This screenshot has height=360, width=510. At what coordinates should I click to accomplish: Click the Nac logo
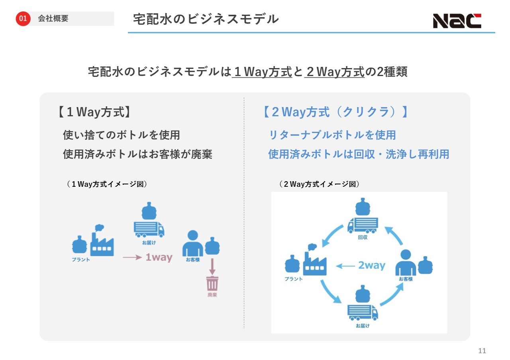[x=457, y=21]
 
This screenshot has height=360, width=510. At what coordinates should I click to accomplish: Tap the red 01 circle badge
[x=23, y=19]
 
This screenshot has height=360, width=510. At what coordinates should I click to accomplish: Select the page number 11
[x=482, y=351]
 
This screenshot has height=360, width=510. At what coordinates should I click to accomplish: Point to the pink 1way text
[x=159, y=257]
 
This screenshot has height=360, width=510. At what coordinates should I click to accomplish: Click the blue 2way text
[x=372, y=266]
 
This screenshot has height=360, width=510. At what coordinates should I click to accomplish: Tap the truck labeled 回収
[x=363, y=225]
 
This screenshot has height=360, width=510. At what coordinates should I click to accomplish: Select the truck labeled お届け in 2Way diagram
[x=363, y=312]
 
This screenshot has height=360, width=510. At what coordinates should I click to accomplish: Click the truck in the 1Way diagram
[x=149, y=228]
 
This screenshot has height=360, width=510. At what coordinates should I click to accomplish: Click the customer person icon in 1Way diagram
[x=192, y=243]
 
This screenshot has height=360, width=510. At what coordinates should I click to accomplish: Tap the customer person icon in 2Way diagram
[x=406, y=262]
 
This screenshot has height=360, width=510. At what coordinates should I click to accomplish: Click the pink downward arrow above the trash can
[x=212, y=266]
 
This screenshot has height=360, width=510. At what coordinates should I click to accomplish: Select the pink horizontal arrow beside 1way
[x=132, y=257]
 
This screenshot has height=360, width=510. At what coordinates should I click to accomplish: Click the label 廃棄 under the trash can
[x=212, y=295]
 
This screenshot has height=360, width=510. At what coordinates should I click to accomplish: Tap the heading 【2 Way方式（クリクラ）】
[x=335, y=112]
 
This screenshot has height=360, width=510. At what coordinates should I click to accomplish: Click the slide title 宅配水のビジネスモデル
[x=206, y=19]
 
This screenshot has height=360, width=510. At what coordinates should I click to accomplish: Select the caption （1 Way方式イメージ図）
[x=107, y=184]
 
